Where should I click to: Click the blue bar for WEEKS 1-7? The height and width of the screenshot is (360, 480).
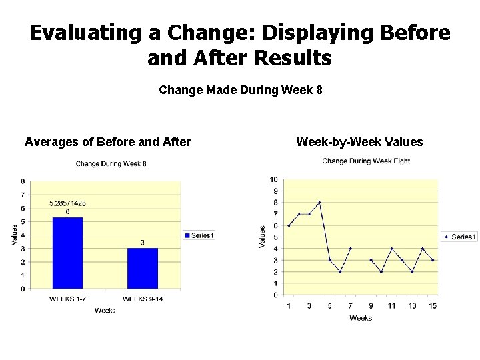click(x=67, y=253)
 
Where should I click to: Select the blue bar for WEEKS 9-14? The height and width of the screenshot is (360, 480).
click(x=143, y=268)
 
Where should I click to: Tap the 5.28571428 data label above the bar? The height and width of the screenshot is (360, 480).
click(x=67, y=203)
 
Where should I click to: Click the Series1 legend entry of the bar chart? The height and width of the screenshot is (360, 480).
click(x=199, y=235)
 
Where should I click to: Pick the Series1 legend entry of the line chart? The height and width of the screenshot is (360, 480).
click(x=459, y=237)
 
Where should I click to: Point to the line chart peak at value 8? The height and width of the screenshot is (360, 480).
click(x=319, y=202)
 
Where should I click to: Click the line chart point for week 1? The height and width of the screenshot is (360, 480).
click(x=289, y=225)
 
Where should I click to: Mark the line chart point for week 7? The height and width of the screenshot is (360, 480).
click(x=350, y=249)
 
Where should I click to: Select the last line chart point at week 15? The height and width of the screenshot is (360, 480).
click(x=433, y=260)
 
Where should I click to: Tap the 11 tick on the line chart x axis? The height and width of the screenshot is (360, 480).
click(x=391, y=305)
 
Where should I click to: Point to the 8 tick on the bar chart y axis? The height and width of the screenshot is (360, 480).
click(x=23, y=181)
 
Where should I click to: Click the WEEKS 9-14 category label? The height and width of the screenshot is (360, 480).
click(x=143, y=299)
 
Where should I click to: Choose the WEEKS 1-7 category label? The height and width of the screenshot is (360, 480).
click(x=67, y=299)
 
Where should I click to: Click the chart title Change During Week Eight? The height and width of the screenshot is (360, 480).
click(x=366, y=161)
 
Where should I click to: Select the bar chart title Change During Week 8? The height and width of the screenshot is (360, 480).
click(x=111, y=164)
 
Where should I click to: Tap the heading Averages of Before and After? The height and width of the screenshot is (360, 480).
click(x=108, y=142)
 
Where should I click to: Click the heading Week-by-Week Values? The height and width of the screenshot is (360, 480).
click(x=359, y=142)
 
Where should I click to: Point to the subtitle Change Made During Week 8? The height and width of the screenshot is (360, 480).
click(x=241, y=89)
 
